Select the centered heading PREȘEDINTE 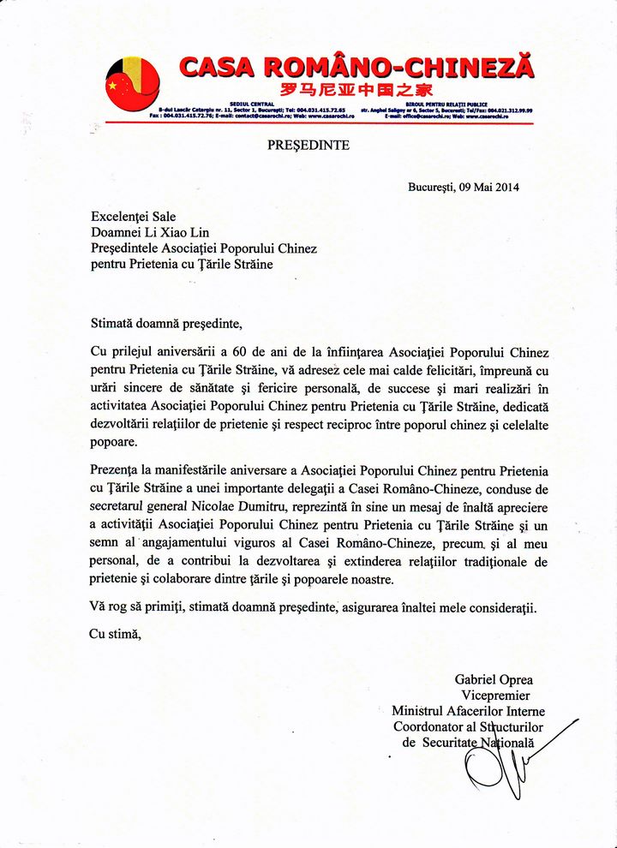(x=308, y=146)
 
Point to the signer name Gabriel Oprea (x=494, y=680)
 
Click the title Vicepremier (x=495, y=696)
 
